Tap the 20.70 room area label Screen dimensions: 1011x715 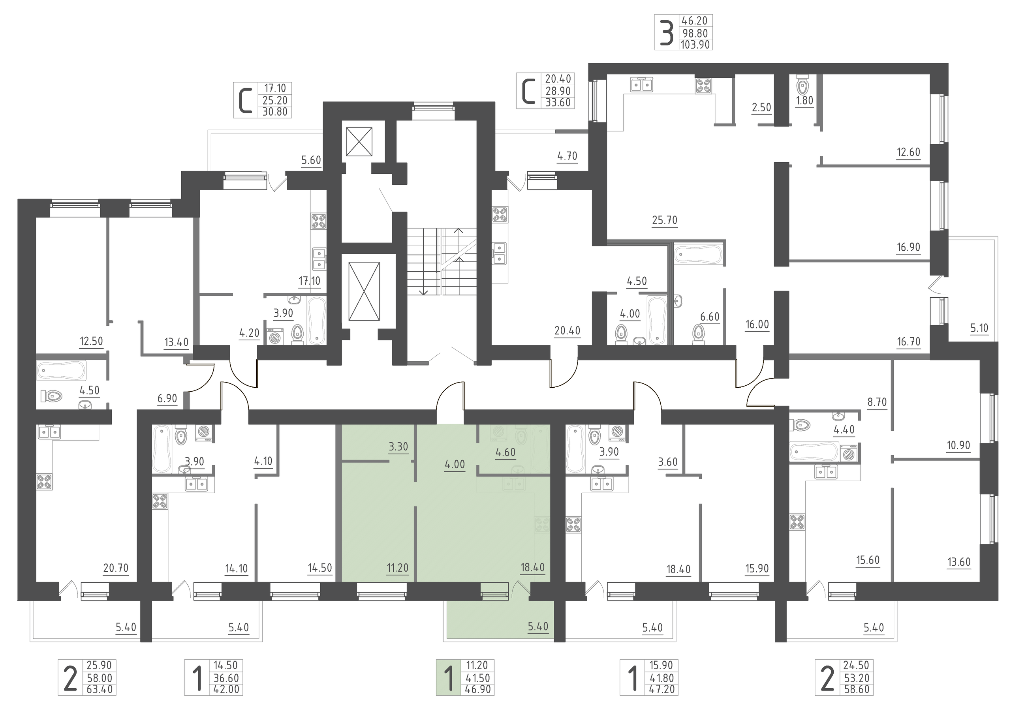116,568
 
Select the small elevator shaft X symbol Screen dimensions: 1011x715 359,142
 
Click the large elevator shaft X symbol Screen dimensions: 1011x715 364,291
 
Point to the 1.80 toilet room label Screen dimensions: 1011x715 804,100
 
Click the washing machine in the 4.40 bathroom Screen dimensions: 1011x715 849,452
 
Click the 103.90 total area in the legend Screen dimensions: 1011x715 695,45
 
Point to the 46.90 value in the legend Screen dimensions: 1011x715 478,689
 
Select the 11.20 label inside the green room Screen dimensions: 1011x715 398,568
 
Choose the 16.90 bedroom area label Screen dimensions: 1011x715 908,247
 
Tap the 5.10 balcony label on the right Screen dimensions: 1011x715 979,328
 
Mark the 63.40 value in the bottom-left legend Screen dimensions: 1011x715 100,689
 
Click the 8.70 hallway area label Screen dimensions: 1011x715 877,402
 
